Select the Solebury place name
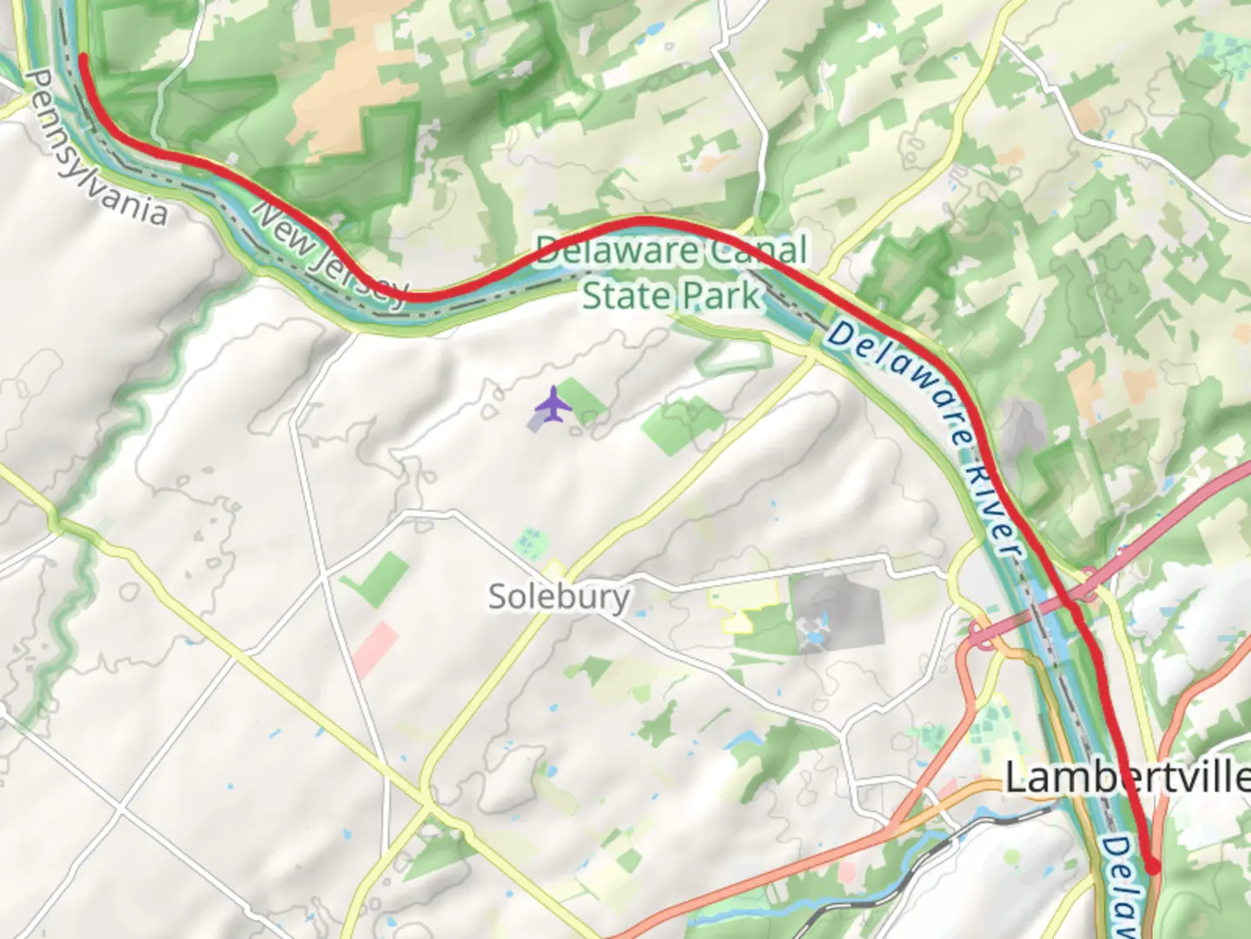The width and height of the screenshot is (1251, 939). click(x=559, y=598)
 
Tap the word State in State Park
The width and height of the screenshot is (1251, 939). click(x=625, y=296)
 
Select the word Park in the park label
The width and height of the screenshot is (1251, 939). click(x=720, y=296)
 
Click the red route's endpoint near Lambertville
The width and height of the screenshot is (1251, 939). click(x=1153, y=866)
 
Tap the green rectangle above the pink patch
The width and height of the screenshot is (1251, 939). click(x=375, y=578)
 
